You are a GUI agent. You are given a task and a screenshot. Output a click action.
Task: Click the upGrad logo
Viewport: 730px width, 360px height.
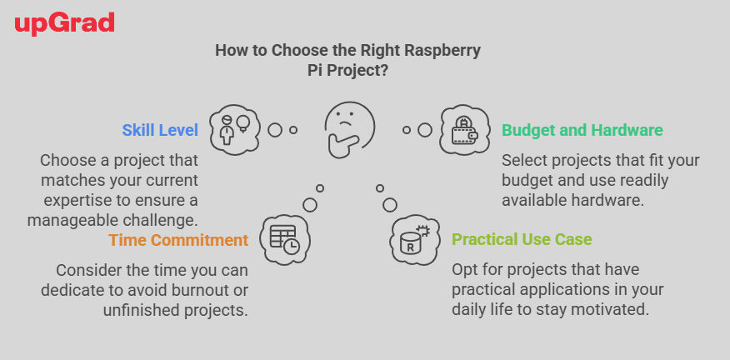tap(64, 24)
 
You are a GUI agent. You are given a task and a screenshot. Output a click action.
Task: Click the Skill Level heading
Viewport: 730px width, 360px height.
tap(160, 130)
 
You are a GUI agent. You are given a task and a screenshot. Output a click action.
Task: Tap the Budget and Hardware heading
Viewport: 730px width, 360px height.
tap(582, 130)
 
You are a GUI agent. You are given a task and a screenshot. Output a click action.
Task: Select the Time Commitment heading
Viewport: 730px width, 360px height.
tap(178, 240)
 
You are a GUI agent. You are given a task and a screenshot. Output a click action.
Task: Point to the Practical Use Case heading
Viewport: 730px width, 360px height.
tap(522, 239)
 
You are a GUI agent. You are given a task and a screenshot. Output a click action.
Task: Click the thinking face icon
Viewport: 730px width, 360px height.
tap(349, 130)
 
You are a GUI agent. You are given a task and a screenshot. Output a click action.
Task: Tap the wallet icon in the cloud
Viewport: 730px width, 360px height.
tap(465, 130)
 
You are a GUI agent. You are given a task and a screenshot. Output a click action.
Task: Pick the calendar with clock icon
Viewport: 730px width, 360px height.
tap(285, 240)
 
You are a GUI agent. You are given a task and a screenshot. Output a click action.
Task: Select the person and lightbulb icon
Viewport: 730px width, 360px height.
tap(235, 129)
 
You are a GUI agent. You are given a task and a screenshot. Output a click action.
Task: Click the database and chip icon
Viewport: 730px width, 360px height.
tap(414, 240)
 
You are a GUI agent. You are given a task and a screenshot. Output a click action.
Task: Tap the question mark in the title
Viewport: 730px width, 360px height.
tap(384, 72)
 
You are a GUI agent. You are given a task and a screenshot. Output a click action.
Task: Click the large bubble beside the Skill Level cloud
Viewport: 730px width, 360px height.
tap(275, 130)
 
